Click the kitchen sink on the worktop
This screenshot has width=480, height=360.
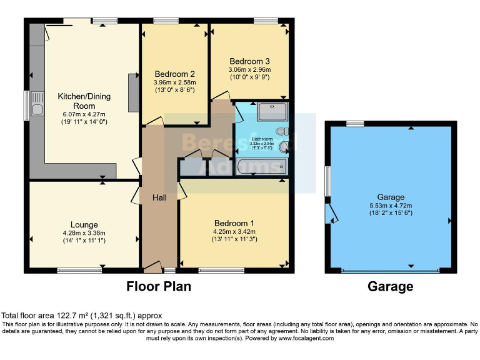pos(36,104)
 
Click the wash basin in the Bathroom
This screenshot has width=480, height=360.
pos(284,147)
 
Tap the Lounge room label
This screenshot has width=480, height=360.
pos(84,224)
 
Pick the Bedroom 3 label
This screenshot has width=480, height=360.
pos(249,61)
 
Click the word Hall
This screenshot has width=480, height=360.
pos(159,197)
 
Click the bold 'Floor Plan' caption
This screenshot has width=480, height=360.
pos(158,287)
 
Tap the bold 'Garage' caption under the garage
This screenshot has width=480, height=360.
pos(390,287)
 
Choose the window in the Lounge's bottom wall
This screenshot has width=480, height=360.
pos(79,270)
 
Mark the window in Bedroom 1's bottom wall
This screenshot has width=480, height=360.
pos(221,270)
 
